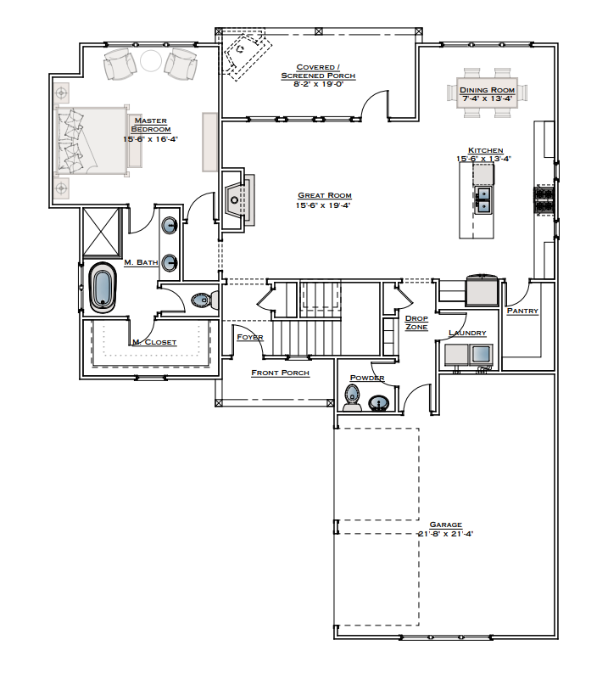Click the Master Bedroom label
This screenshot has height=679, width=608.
150,125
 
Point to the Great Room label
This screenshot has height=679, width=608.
323,195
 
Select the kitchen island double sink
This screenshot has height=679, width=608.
482,200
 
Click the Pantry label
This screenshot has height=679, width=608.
522,311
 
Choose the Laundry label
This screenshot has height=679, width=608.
466,334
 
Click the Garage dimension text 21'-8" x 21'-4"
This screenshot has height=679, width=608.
445,534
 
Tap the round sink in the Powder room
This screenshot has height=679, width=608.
381,401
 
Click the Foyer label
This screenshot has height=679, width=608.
250,337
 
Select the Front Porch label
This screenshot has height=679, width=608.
280,373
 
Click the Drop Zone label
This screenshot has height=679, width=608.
416,323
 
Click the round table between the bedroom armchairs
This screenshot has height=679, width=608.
150,61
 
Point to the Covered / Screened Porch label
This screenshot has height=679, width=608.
318,71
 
